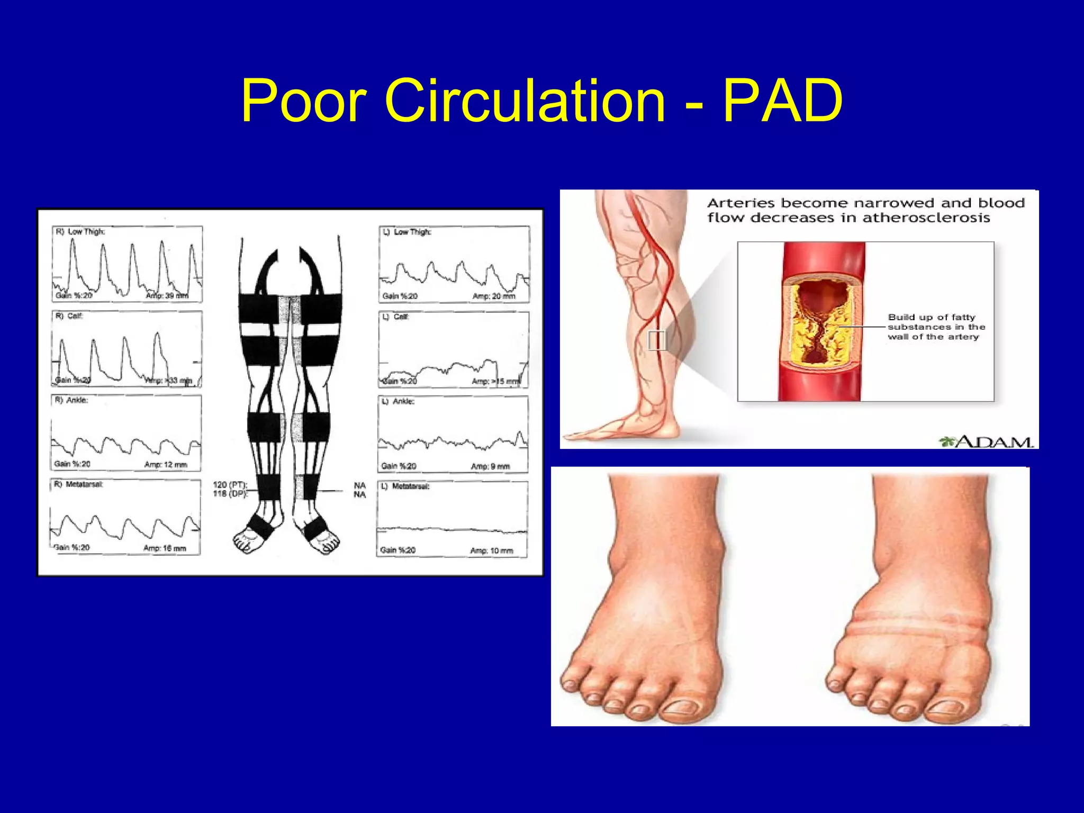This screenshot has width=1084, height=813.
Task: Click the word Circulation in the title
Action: point(524,101)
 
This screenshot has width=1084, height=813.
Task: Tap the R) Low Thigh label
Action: point(80,231)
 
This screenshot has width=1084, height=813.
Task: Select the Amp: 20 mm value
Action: point(493,296)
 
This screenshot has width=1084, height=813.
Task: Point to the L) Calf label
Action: point(395,317)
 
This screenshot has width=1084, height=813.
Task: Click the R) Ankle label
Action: point(72,400)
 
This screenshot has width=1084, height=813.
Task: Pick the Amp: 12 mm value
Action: point(166,465)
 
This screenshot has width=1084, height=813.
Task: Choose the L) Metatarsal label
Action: point(405,486)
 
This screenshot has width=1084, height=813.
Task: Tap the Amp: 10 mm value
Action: point(491,551)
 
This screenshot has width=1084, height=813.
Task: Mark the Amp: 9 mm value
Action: point(490,466)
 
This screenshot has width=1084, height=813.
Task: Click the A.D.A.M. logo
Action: point(987,441)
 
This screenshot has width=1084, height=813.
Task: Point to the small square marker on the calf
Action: point(656,340)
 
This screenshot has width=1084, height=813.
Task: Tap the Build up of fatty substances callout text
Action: point(936,327)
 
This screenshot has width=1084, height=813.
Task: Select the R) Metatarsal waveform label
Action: point(79,484)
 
